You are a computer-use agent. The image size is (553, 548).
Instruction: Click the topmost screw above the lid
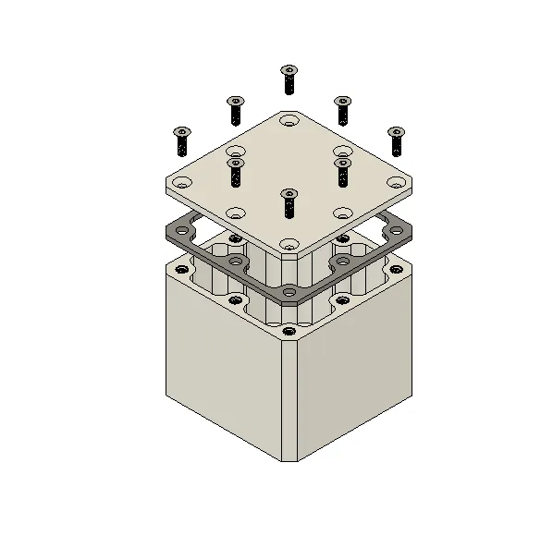click(x=289, y=79)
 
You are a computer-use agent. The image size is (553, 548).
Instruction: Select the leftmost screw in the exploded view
click(x=181, y=140)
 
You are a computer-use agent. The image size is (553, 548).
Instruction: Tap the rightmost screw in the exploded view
click(x=397, y=140)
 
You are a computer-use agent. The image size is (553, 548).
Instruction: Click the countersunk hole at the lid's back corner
click(x=289, y=121)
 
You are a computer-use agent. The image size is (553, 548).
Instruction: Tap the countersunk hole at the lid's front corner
click(x=289, y=245)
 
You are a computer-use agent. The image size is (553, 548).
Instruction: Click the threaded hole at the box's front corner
click(x=289, y=331)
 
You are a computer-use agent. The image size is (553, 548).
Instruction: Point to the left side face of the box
click(x=222, y=370)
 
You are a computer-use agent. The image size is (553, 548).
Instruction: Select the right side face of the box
click(x=356, y=370)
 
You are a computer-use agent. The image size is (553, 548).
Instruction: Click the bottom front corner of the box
click(x=289, y=459)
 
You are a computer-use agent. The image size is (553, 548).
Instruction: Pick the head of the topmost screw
click(x=289, y=70)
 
